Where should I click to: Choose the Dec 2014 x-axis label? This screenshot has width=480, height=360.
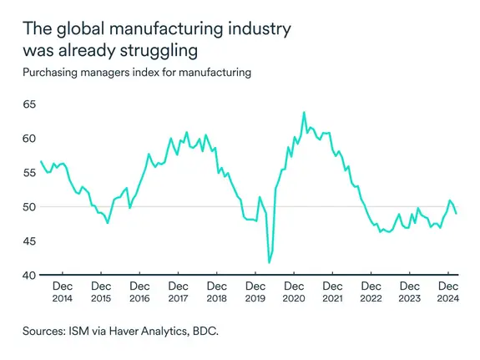pos(63,292)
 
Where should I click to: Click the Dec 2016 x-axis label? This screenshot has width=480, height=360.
pos(139,292)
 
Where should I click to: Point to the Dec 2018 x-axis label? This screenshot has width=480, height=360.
pos(216,292)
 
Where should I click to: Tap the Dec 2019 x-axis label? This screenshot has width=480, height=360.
pos(255,292)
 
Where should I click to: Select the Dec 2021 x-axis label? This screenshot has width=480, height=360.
pos(332,292)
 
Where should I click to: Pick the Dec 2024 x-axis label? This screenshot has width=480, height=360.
pos(448,292)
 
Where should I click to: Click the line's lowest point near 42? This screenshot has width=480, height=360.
pos(269,262)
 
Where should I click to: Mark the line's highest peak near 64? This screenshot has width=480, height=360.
pos(304,112)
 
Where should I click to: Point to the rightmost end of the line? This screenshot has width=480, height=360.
pos(456,214)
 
